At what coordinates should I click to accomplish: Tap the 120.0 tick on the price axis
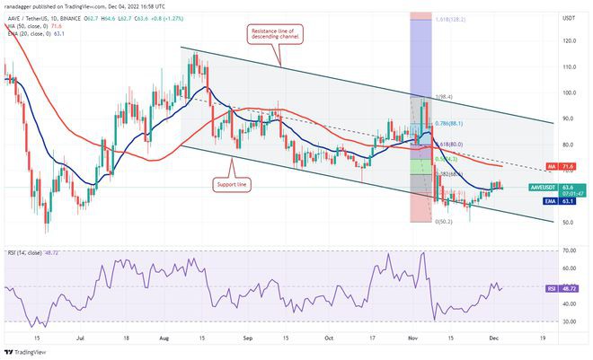pyautogui.click(x=568, y=41)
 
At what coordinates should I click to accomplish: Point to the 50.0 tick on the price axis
pyautogui.click(x=568, y=223)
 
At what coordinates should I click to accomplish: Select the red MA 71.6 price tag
pyautogui.click(x=568, y=167)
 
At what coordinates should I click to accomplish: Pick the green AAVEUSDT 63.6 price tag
pyautogui.click(x=568, y=188)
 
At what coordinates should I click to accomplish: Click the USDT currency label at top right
pyautogui.click(x=567, y=17)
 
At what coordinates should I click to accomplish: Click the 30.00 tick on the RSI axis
pyautogui.click(x=568, y=321)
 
